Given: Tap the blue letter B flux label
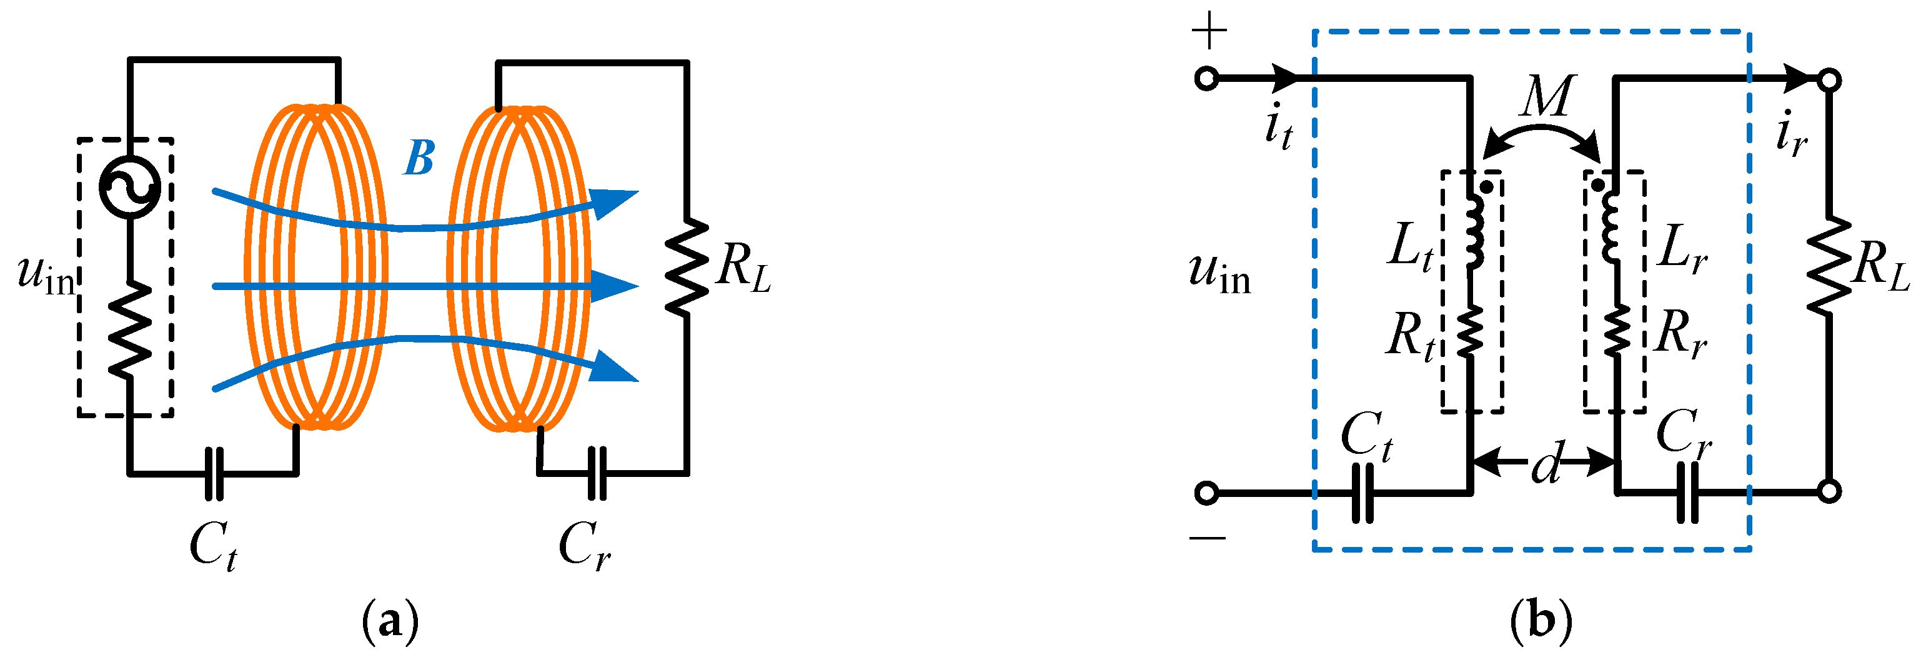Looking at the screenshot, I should [x=419, y=158].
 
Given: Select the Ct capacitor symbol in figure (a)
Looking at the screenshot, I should [x=214, y=474].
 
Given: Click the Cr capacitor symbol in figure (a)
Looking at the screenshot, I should [x=597, y=473].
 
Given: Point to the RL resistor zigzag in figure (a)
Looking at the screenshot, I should [x=686, y=266].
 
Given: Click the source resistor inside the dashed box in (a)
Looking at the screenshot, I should [x=130, y=328].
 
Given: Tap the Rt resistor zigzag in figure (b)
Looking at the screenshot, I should [x=1470, y=331].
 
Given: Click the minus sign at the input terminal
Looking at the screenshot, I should [x=1207, y=537].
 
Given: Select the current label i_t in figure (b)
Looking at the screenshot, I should [x=1278, y=128].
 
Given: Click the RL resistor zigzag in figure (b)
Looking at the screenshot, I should [x=1829, y=266].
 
